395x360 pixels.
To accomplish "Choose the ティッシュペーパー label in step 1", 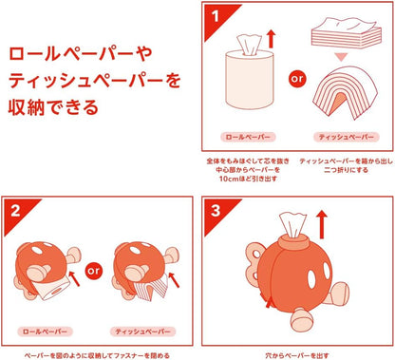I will (x=339, y=137).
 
